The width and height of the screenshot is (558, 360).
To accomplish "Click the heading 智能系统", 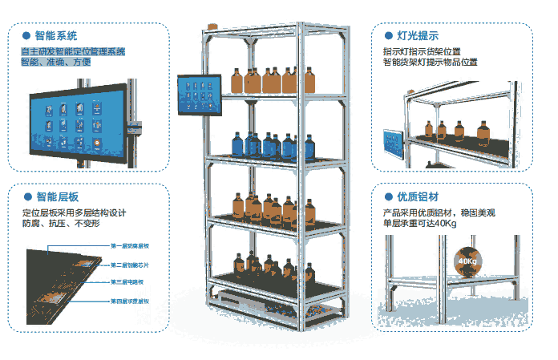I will tap(55, 36).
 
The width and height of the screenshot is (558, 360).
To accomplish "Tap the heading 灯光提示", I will tap(417, 36).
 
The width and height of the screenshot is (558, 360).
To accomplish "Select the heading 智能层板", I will tap(56, 196).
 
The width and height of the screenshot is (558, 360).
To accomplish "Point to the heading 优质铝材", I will tap(418, 196).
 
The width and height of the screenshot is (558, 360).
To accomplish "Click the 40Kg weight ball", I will tap(467, 261).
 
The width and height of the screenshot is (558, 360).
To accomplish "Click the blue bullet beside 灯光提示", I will tap(388, 36).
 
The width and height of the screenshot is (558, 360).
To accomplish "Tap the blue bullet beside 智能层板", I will tap(26, 196).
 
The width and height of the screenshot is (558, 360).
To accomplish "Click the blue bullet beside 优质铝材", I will tap(388, 196).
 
